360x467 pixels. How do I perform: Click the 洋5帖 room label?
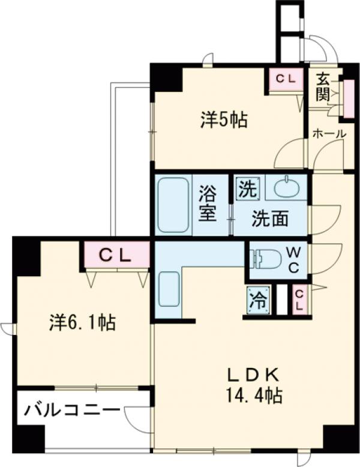(223, 121)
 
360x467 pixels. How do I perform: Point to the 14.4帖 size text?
(253, 396)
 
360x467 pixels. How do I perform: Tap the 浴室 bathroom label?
(208, 204)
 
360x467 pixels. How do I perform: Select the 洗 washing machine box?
(246, 189)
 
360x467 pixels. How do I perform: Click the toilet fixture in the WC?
(265, 259)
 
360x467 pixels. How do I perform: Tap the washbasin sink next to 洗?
(286, 188)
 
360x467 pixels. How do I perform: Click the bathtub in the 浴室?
(174, 205)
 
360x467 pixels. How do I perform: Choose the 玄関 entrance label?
(323, 86)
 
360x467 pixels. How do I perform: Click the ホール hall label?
(329, 134)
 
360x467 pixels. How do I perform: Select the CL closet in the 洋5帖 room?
(285, 79)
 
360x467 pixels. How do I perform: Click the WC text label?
(293, 258)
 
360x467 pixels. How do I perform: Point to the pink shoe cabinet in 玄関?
(349, 96)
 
